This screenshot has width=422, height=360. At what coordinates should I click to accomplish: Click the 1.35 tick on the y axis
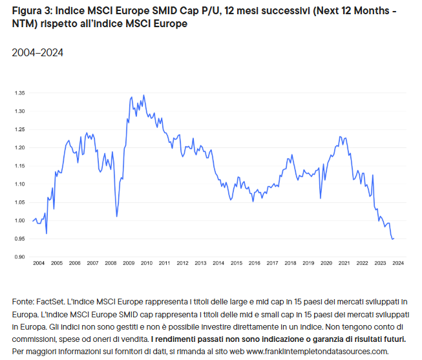pyautogui.click(x=19, y=93)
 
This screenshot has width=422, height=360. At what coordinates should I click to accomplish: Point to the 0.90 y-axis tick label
pyautogui.click(x=19, y=257)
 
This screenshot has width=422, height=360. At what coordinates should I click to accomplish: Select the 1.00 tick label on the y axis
pyautogui.click(x=19, y=221)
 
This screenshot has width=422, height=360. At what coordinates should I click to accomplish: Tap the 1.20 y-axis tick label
pyautogui.click(x=19, y=148)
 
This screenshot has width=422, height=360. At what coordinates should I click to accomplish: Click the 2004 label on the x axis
pyautogui.click(x=39, y=264)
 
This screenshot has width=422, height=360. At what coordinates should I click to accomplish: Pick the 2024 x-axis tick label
pyautogui.click(x=398, y=264)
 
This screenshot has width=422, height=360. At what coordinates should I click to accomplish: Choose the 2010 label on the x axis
pyautogui.click(x=147, y=264)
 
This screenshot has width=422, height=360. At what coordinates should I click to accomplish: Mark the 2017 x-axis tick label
pyautogui.click(x=272, y=264)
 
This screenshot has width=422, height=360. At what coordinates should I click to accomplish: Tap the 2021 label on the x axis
pyautogui.click(x=344, y=264)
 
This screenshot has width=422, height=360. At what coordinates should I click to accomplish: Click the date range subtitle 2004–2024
pyautogui.click(x=37, y=52)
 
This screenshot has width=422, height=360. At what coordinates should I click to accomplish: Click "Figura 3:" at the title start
pyautogui.click(x=31, y=12)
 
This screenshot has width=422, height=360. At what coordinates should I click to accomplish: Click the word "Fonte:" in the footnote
pyautogui.click(x=24, y=302)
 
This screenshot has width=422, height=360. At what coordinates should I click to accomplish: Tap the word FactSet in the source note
pyautogui.click(x=54, y=302)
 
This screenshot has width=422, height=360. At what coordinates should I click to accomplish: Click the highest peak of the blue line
pyautogui.click(x=143, y=95)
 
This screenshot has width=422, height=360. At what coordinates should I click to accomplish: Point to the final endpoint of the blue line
pyautogui.click(x=394, y=238)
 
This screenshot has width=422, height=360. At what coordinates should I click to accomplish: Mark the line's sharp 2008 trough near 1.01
pyautogui.click(x=116, y=216)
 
